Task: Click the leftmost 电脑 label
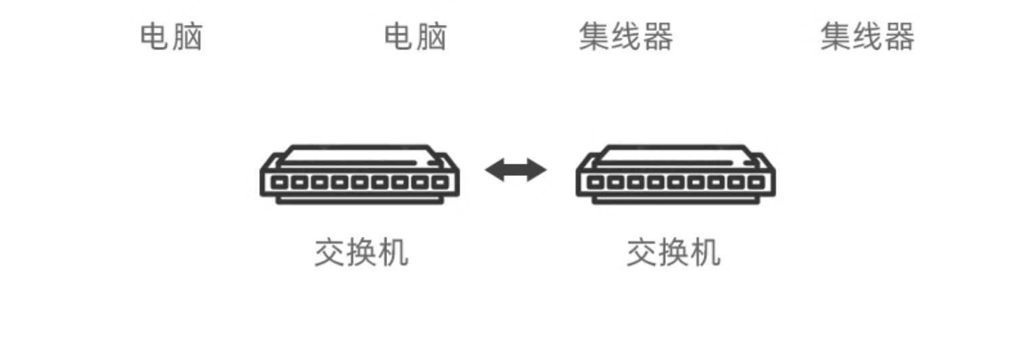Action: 171,37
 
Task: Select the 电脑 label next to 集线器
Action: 415,37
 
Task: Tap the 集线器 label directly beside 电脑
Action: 626,37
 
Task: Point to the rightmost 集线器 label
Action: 867,37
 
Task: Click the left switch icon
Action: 360,174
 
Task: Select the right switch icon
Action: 676,174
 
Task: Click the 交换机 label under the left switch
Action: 361,253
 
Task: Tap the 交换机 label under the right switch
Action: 673,253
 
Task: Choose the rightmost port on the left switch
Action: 441,183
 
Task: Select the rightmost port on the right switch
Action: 756,183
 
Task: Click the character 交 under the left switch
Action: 330,253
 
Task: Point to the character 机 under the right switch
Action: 705,253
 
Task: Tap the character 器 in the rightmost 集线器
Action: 899,37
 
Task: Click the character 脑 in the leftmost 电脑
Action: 187,37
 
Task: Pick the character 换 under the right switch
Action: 673,253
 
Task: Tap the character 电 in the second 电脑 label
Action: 399,37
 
